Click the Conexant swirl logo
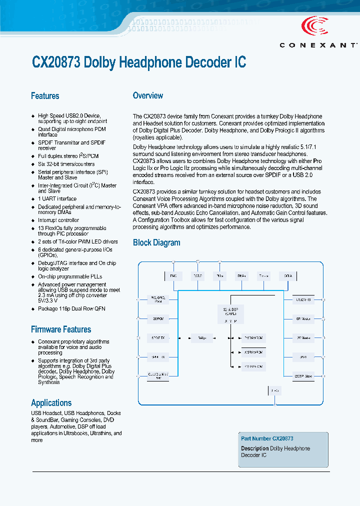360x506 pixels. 315,25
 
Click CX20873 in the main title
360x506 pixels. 56,62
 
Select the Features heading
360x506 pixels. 45,96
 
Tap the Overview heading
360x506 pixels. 147,95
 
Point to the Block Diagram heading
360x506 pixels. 156,243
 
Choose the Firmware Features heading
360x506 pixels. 61,329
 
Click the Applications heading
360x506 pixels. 51,403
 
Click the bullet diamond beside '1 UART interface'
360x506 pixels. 33,199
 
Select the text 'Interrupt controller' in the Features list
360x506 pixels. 58,220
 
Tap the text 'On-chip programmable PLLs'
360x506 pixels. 70,276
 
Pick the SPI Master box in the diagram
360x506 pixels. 303,318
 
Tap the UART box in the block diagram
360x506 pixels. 303,357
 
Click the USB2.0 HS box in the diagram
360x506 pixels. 303,299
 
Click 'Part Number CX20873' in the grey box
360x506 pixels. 267,438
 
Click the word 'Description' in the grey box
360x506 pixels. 255,448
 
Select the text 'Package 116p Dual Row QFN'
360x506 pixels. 71,309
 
